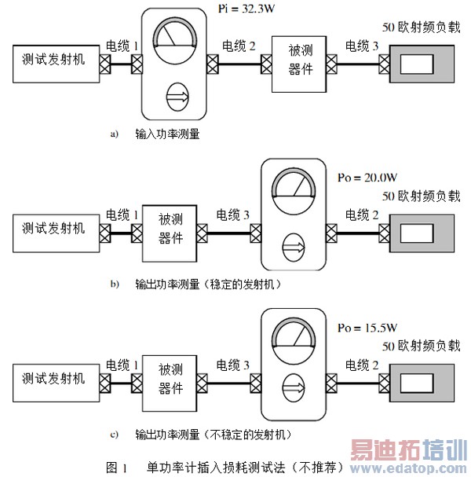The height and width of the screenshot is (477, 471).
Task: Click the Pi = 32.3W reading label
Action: tap(246, 8)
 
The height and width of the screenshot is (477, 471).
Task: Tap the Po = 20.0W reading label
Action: tap(367, 178)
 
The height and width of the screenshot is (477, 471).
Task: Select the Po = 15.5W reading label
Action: tap(367, 328)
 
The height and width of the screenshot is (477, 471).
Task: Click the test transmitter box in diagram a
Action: tap(57, 64)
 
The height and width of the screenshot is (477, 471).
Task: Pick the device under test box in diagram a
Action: tap(299, 64)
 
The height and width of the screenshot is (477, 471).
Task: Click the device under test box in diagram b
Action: tap(170, 233)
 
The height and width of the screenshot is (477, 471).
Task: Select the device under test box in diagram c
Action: tap(170, 383)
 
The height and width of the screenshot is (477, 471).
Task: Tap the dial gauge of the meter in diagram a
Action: tap(175, 41)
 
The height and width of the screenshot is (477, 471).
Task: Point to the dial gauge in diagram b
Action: tap(294, 191)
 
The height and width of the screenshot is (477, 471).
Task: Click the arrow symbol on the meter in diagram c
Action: tap(294, 388)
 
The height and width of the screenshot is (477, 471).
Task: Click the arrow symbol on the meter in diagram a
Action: tap(177, 97)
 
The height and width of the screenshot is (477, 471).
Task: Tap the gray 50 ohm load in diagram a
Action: tap(422, 64)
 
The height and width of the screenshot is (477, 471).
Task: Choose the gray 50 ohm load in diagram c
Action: tap(422, 383)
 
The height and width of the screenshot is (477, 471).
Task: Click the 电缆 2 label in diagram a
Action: tap(239, 46)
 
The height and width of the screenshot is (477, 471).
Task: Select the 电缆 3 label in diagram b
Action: tap(233, 215)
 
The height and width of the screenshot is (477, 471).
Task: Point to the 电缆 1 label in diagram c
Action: tap(122, 365)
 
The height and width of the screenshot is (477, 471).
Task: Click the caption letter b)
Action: tap(115, 284)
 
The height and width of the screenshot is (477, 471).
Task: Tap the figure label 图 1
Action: tap(116, 468)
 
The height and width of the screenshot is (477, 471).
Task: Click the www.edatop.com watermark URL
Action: tap(408, 468)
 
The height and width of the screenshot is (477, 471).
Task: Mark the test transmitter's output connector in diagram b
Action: tap(105, 233)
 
